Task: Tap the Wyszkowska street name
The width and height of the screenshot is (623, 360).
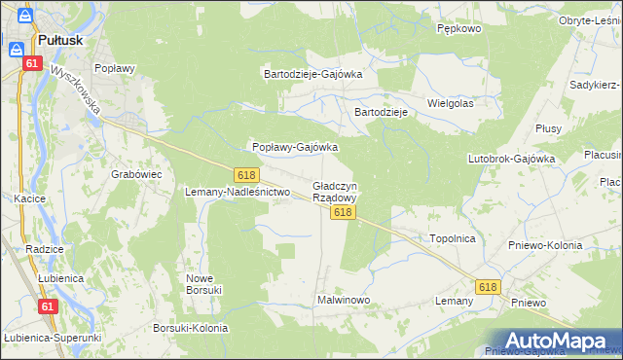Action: coord(78,90)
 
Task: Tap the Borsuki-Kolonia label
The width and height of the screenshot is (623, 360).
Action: coord(191,328)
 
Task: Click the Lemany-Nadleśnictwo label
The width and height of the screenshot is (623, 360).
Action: coord(238,193)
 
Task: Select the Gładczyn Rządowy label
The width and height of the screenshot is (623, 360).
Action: coord(335,191)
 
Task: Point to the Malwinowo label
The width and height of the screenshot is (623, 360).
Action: coord(343,301)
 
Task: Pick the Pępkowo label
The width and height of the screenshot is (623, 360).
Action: coord(459,29)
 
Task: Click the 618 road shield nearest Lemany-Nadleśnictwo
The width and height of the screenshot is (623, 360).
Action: coord(246,174)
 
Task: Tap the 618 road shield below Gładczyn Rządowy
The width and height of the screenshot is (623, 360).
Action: coord(341,211)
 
